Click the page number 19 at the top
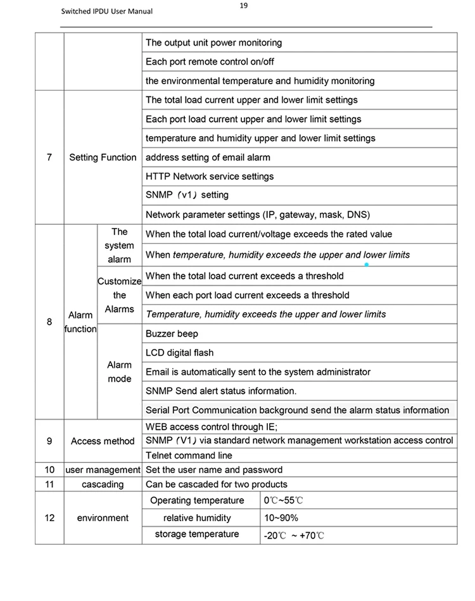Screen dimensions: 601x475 click(x=244, y=6)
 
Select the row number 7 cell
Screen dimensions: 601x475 click(x=49, y=157)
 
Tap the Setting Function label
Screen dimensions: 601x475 click(x=103, y=157)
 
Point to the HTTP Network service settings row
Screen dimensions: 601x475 click(x=210, y=176)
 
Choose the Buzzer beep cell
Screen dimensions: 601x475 click(x=172, y=334)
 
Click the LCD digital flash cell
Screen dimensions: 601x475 click(x=180, y=353)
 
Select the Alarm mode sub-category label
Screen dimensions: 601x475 click(x=119, y=372)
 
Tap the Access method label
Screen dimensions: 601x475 click(x=103, y=441)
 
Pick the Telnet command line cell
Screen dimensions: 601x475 click(x=189, y=455)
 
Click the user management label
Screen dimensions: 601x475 click(x=103, y=470)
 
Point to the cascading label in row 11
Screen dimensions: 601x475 click(x=103, y=484)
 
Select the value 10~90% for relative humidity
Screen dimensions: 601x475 click(x=281, y=518)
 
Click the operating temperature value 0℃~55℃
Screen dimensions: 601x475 click(x=284, y=501)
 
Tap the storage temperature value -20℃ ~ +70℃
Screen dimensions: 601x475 click(x=294, y=536)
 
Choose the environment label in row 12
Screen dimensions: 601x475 click(x=103, y=518)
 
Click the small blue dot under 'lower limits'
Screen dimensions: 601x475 click(x=367, y=265)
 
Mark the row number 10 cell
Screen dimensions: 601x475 click(x=49, y=470)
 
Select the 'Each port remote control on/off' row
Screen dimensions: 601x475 click(x=210, y=62)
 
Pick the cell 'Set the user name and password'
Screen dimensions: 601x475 click(x=214, y=470)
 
